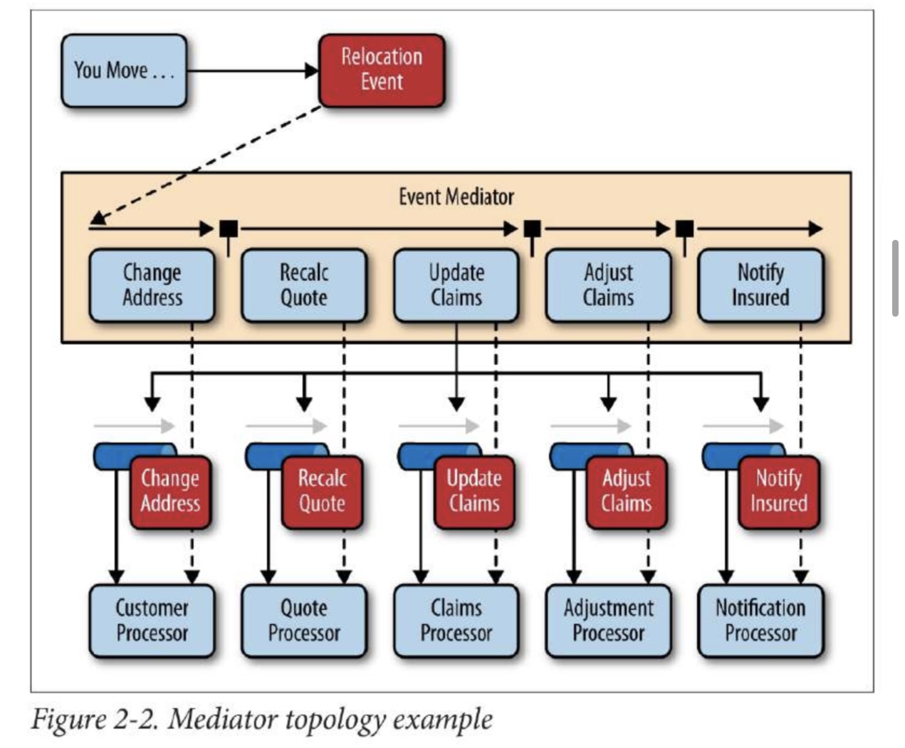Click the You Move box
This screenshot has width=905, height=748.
tap(124, 70)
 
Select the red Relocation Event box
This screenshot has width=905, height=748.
tap(382, 70)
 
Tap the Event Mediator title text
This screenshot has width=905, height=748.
tap(456, 197)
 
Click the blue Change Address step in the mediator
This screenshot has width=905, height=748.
tap(152, 285)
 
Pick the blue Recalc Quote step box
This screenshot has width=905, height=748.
tap(304, 285)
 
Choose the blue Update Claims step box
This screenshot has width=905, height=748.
tap(456, 285)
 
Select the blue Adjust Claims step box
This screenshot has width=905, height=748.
tap(609, 285)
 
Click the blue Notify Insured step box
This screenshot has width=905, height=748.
tap(760, 285)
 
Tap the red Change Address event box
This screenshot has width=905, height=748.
tap(170, 492)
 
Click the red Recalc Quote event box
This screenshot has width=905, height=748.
tap(323, 492)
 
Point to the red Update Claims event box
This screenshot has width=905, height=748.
tap(475, 492)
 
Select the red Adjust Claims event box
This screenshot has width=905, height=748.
tap(627, 492)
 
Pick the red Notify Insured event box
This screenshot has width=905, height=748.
tap(779, 492)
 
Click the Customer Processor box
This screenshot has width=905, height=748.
tap(152, 621)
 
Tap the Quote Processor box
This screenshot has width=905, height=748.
tap(304, 621)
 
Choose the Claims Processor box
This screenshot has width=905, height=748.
tap(456, 621)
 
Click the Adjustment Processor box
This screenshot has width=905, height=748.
tap(609, 621)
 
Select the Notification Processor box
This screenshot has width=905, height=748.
tap(760, 621)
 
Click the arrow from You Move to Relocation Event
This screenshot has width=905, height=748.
tap(253, 70)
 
